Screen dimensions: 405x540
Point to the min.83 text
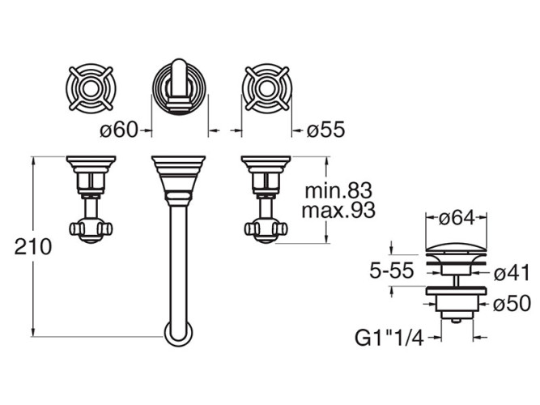(x=338, y=192)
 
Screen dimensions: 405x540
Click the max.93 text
(x=338, y=212)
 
